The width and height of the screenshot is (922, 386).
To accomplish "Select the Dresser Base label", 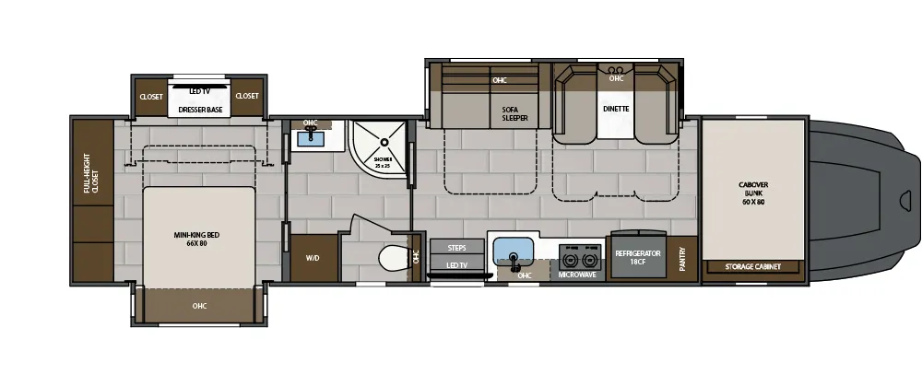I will (200, 110).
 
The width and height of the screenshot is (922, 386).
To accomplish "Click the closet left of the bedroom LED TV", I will (150, 96).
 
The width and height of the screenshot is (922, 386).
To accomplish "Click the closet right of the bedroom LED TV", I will (246, 96).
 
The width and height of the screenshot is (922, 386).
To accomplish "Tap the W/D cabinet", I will (312, 258).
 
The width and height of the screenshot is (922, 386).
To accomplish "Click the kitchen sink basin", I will (513, 250).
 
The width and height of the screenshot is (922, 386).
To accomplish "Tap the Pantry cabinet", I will (682, 253).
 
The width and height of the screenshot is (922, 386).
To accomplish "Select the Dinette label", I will (616, 109).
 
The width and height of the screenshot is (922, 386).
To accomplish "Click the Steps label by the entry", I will (456, 248).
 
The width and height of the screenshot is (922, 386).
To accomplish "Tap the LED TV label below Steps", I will (456, 265).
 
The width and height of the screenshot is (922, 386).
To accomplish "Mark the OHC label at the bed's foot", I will (199, 306).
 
